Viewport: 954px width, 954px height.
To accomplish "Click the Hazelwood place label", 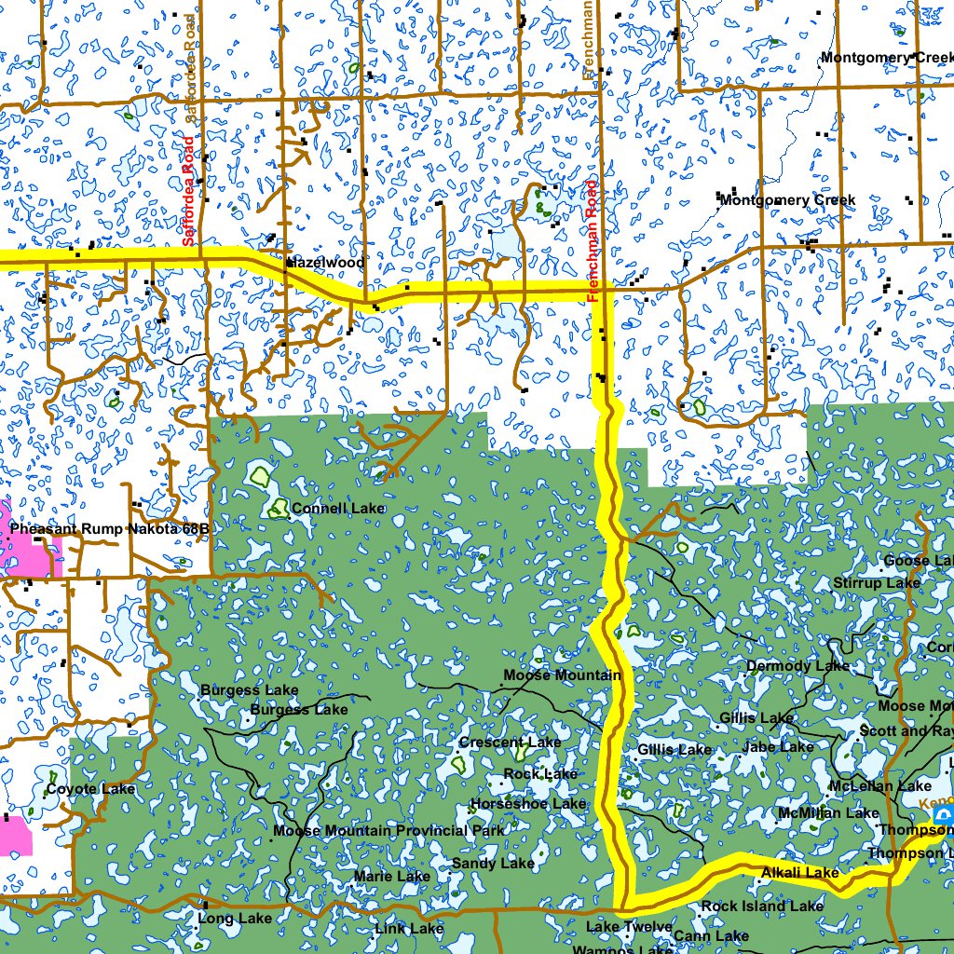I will [325, 263].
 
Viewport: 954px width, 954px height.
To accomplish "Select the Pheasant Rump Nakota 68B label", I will [111, 529].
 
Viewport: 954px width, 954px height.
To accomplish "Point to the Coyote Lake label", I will [90, 790].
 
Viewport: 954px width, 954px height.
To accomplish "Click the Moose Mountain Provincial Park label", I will [389, 830].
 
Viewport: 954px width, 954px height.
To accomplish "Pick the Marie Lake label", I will [392, 877].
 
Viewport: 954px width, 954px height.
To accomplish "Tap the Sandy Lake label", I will [493, 865].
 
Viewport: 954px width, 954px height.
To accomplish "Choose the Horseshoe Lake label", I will [528, 804].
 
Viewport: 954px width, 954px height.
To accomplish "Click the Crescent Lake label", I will [510, 743].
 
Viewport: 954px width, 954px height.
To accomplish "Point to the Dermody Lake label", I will [797, 666].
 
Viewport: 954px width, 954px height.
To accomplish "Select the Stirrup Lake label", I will [876, 583].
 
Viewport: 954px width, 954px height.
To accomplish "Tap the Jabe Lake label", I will [778, 747].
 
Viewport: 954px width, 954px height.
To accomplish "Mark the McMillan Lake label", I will [828, 814].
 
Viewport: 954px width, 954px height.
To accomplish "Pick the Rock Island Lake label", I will [762, 906].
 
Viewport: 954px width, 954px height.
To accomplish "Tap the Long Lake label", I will [235, 919].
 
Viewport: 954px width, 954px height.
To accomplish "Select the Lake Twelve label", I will [629, 927].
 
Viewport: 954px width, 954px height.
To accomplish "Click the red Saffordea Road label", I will [188, 191].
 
